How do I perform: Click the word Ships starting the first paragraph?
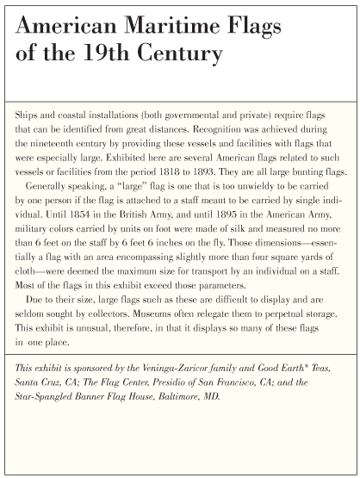(x=28, y=114)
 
